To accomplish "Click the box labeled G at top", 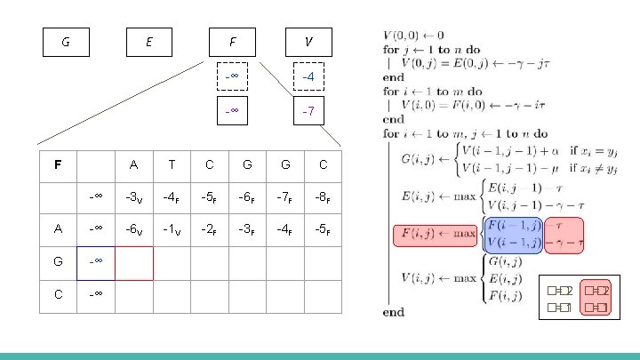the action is (66, 41).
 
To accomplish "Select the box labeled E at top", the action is (148, 41).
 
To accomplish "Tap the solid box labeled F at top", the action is (232, 41).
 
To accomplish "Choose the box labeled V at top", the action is (308, 41).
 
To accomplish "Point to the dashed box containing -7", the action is (308, 113).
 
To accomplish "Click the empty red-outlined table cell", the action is (133, 263).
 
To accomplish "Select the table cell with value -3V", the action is (133, 196).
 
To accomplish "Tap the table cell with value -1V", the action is (172, 229).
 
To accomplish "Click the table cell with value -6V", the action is (133, 229).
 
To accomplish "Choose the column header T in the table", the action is (172, 164).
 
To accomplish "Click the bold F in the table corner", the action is (58, 164).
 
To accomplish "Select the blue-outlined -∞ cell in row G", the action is (96, 263).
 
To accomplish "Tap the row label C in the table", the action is (58, 295).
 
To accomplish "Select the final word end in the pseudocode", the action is (393, 312).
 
